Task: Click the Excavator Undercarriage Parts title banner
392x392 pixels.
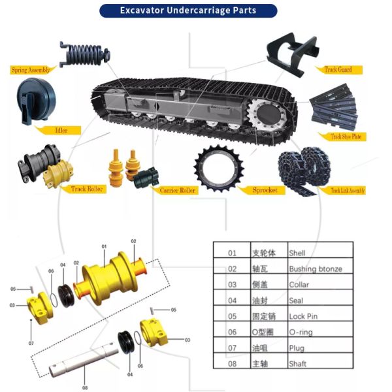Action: click(x=188, y=10)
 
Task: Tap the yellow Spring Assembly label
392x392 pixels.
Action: click(x=30, y=69)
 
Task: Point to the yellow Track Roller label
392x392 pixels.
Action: click(x=87, y=189)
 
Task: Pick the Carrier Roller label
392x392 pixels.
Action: click(x=178, y=190)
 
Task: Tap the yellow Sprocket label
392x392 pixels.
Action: click(x=265, y=190)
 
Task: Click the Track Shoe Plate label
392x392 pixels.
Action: click(x=346, y=137)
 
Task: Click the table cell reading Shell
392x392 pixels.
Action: click(x=297, y=253)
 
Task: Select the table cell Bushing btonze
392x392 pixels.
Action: click(x=315, y=269)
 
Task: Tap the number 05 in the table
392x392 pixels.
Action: click(x=232, y=316)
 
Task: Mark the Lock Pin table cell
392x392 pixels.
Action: click(x=302, y=316)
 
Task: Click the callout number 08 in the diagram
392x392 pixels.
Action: click(x=84, y=387)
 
